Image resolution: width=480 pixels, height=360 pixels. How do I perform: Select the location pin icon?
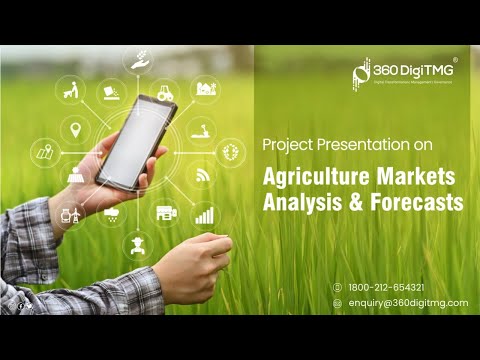(73, 129)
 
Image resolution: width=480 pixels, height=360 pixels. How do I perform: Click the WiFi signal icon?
(204, 174)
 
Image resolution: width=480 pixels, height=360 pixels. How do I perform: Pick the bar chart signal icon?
(204, 214)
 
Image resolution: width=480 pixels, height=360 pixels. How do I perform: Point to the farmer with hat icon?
(136, 244)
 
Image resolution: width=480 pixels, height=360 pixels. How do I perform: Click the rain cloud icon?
(112, 213)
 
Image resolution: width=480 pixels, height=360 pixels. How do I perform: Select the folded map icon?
(45, 153)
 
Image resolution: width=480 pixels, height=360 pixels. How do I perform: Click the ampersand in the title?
(355, 201)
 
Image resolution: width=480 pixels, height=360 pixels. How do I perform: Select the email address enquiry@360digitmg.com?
(407, 303)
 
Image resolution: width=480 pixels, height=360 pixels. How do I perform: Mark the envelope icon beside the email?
(337, 303)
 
